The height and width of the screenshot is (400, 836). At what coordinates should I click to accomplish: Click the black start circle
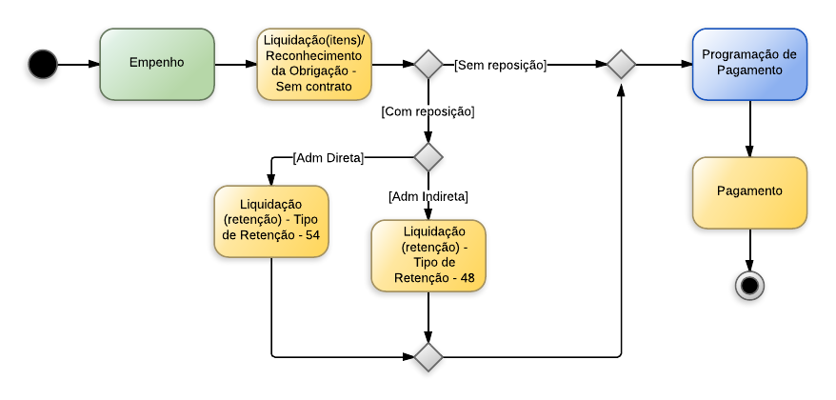point(43,65)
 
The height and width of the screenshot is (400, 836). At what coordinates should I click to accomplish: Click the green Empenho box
point(157,64)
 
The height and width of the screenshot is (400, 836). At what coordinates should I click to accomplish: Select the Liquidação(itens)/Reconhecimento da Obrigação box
point(313,64)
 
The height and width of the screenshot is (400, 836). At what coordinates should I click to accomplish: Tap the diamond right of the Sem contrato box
point(428,65)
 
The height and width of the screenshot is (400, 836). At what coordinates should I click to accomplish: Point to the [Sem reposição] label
point(500,65)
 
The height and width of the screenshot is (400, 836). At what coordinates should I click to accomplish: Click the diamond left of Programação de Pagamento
point(621,65)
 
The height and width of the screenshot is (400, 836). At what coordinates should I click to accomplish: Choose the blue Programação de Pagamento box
point(749,64)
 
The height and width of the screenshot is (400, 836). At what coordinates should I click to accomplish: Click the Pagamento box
point(749,192)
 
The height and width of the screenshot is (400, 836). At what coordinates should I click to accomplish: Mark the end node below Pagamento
point(749,285)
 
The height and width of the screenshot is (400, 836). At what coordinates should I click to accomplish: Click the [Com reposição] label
point(428,111)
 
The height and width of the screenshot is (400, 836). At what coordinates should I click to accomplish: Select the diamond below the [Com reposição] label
point(428,156)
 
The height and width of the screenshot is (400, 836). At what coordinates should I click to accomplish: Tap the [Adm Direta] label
point(328,157)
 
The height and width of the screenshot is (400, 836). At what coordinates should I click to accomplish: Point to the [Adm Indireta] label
point(428,196)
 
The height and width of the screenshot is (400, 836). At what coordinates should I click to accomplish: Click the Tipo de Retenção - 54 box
point(271,221)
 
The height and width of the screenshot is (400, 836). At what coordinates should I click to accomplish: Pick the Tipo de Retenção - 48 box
point(428,255)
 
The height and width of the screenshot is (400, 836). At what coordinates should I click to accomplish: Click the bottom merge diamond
point(428,356)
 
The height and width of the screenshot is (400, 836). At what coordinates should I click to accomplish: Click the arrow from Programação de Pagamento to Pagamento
point(749,129)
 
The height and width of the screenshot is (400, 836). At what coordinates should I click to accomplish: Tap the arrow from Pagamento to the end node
point(749,250)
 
